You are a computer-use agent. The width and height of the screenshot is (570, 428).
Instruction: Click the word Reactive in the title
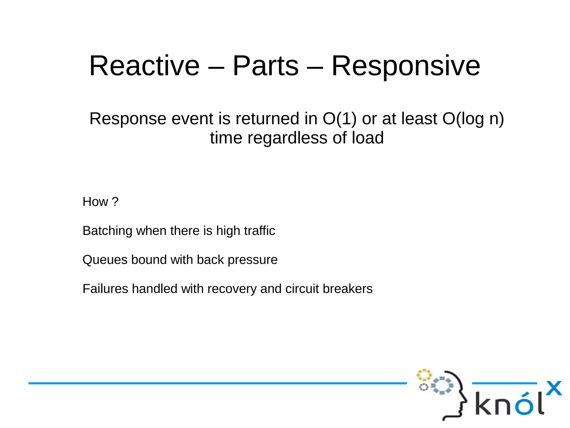tap(144, 66)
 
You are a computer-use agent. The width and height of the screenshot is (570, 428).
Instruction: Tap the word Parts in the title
tap(265, 66)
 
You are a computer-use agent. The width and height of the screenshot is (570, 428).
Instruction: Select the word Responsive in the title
tap(406, 66)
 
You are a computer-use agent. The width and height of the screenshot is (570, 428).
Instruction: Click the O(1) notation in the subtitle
tap(339, 119)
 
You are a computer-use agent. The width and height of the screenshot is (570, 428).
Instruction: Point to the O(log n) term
tap(473, 119)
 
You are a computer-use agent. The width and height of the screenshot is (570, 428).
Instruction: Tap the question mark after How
tap(115, 202)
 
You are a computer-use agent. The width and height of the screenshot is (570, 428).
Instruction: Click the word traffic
tap(259, 231)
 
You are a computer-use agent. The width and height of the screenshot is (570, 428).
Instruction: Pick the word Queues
tap(105, 260)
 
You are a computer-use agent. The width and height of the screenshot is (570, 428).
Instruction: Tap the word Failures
tap(105, 289)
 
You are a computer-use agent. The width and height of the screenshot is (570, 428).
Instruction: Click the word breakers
tap(348, 289)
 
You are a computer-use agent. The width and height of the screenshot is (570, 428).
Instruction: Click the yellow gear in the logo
tap(424, 375)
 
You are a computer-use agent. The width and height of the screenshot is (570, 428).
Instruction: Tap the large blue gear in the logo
tap(442, 386)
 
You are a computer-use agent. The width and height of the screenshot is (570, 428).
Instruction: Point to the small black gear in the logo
tap(423, 387)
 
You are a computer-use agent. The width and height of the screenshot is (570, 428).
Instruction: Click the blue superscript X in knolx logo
tap(554, 388)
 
